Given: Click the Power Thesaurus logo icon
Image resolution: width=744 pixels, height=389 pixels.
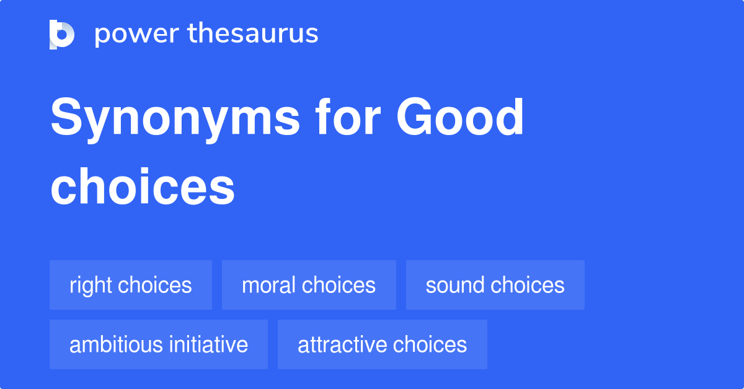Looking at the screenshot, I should (x=62, y=34).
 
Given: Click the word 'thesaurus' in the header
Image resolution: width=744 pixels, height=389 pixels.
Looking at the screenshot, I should (x=253, y=34).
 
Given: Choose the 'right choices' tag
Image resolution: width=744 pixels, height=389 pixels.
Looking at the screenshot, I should (x=131, y=285).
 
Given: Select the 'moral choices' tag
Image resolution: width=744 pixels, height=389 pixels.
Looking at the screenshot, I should (x=309, y=285).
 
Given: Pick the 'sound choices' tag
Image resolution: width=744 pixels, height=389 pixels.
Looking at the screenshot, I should (x=495, y=285).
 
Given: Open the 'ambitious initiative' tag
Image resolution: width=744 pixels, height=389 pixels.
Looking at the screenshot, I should (x=159, y=344).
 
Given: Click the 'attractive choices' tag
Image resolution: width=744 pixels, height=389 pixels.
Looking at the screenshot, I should (x=382, y=344).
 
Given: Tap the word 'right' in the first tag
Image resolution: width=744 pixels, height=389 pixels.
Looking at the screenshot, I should (x=91, y=286).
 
